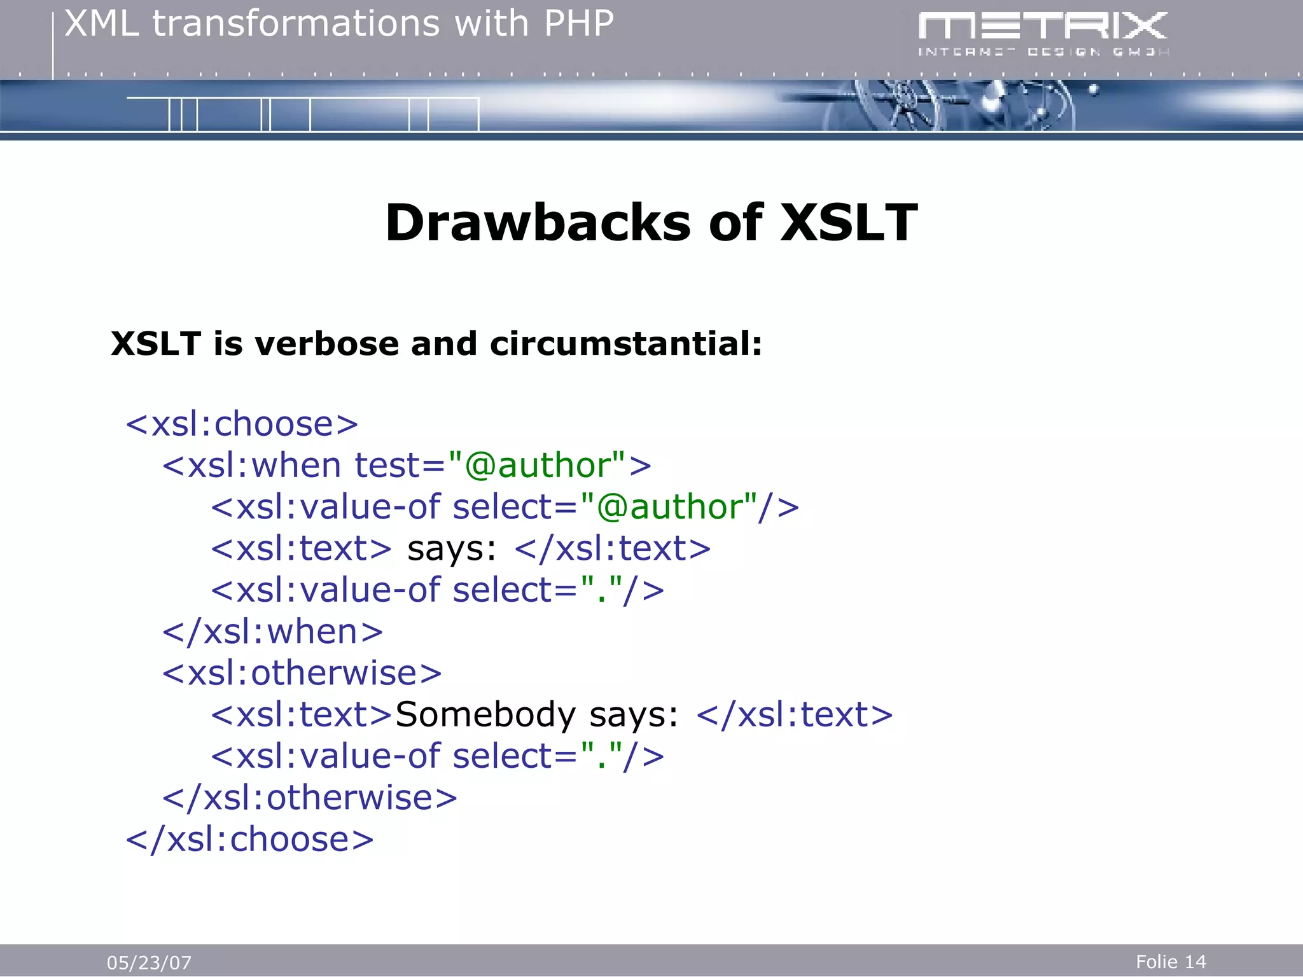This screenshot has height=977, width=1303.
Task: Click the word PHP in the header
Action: (578, 24)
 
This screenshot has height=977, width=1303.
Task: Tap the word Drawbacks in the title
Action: (538, 223)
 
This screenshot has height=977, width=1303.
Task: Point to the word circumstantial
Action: (625, 344)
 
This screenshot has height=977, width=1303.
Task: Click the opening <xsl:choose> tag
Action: (242, 424)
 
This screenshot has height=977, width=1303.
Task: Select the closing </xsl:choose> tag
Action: (249, 840)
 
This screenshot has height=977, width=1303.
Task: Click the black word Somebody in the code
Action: (485, 715)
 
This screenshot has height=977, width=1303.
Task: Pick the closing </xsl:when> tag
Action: (272, 632)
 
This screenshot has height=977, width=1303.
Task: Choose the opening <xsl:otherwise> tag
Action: (302, 674)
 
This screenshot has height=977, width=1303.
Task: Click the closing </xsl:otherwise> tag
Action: (310, 798)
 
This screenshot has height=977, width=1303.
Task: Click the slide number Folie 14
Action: (1171, 962)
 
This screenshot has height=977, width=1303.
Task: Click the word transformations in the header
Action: (296, 24)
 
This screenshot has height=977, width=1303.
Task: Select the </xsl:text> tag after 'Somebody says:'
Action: (794, 715)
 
